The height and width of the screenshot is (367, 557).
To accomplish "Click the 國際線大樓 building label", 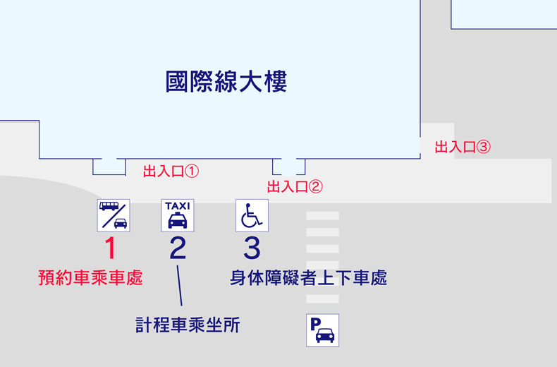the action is pos(226,82).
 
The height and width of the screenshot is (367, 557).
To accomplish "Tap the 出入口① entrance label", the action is pos(171,172).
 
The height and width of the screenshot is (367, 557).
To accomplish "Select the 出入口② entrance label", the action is pos(295,187).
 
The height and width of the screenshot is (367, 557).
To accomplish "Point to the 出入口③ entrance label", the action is pos(463,147).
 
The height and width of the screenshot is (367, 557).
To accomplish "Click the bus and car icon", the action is pos(114,215).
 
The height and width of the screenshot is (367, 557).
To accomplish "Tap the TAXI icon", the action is pos(178,215).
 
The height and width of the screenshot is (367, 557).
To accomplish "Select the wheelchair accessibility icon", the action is pos(252,215).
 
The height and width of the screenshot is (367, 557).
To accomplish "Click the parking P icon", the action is pos(322,330).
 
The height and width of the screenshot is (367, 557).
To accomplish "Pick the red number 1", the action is pos(111,248).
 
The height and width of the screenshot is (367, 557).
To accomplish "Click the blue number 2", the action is pos(178,248).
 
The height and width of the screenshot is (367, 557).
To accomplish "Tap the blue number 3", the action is pos(252,248).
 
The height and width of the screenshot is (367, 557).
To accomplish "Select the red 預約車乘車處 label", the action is pos(90,278).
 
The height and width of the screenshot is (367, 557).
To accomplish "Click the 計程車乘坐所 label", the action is pos(188,325).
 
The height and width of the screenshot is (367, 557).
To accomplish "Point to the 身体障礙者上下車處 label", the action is pos(308,278).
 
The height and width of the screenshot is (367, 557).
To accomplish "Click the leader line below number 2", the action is pos(179,286).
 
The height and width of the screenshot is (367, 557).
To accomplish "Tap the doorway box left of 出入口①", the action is pos(109,167).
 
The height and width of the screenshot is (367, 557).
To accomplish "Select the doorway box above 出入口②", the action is pos(289,167).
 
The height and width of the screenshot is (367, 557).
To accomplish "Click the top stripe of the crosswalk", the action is pos(322,216).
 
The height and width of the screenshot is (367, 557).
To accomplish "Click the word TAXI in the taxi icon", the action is pos(178,206).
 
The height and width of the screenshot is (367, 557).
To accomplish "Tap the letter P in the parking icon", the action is pos(315,324).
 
